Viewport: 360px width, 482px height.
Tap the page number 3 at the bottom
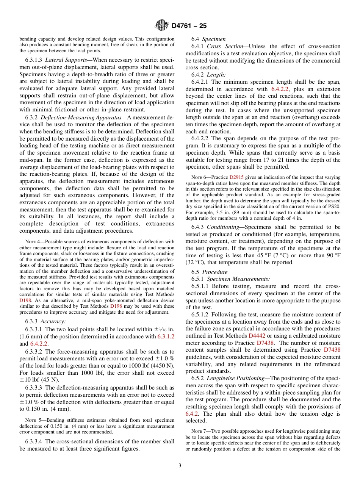pos(180,465)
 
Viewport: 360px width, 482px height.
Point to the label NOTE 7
pos(199,431)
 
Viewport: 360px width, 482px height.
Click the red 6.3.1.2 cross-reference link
pos(166,336)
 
